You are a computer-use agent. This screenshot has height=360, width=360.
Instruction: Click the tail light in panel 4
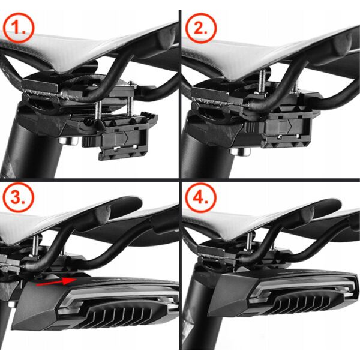(x=282, y=300)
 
